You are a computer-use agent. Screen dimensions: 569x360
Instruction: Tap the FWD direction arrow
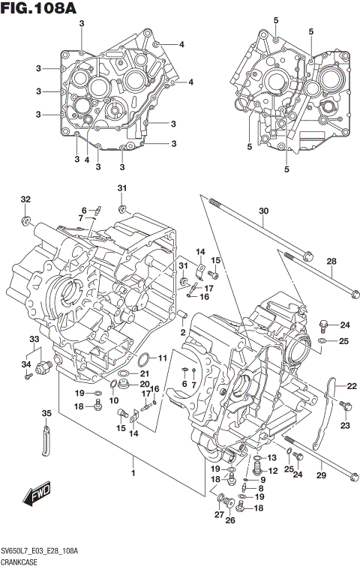[35, 496]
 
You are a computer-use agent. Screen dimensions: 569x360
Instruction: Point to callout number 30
[263, 211]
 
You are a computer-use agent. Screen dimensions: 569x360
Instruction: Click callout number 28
[331, 262]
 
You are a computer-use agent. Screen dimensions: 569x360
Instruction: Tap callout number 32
[25, 199]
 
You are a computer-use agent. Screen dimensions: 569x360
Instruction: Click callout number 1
[133, 473]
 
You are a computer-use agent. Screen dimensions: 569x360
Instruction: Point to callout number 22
[351, 386]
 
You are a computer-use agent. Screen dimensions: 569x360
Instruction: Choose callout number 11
[163, 347]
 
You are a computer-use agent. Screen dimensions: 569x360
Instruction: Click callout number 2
[182, 332]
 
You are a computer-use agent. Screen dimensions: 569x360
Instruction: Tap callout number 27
[218, 514]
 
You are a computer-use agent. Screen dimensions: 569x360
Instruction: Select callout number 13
[272, 458]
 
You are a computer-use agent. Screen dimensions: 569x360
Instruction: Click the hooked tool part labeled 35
[45, 441]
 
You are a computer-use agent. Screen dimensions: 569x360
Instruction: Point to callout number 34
[25, 364]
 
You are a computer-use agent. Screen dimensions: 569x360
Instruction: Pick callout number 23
[346, 425]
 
